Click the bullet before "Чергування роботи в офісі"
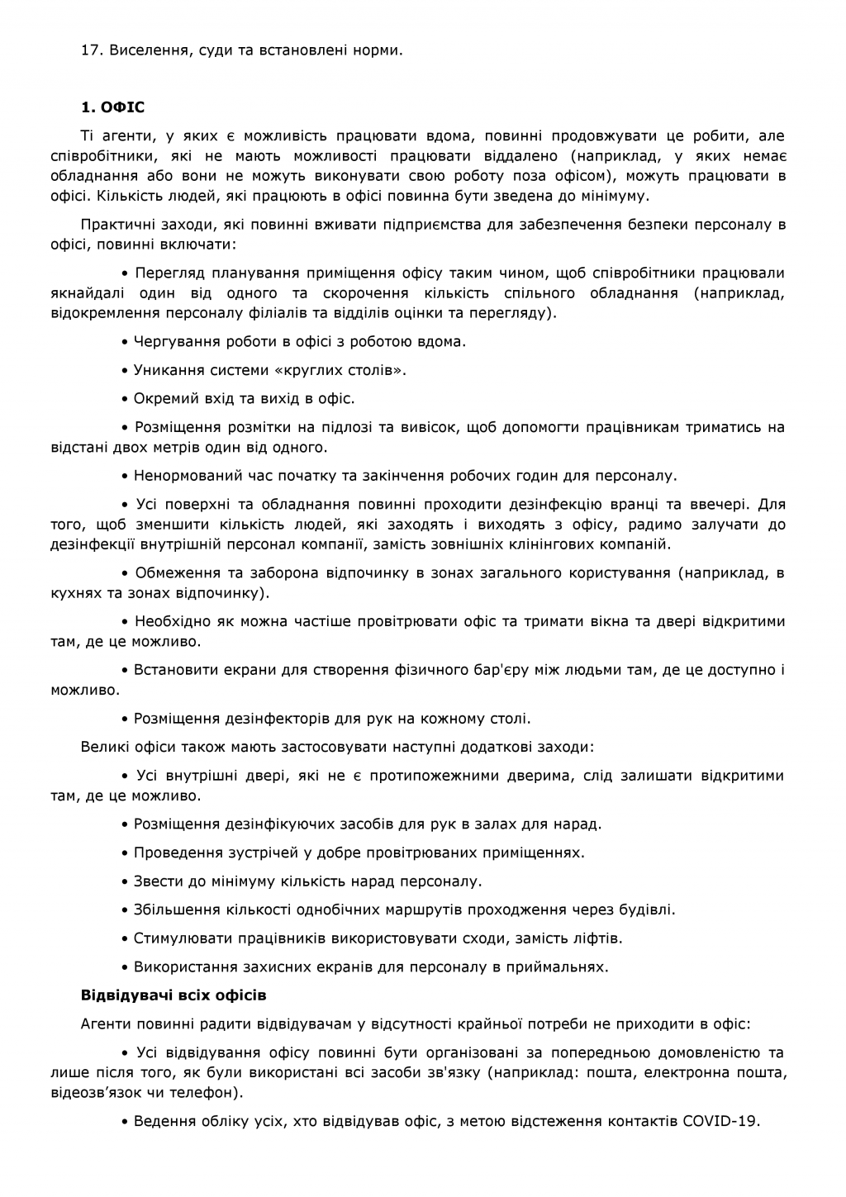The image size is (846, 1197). click(126, 342)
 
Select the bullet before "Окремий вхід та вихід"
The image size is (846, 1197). click(126, 399)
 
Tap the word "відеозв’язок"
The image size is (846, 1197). click(97, 1092)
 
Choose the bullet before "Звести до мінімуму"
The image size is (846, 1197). click(126, 881)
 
